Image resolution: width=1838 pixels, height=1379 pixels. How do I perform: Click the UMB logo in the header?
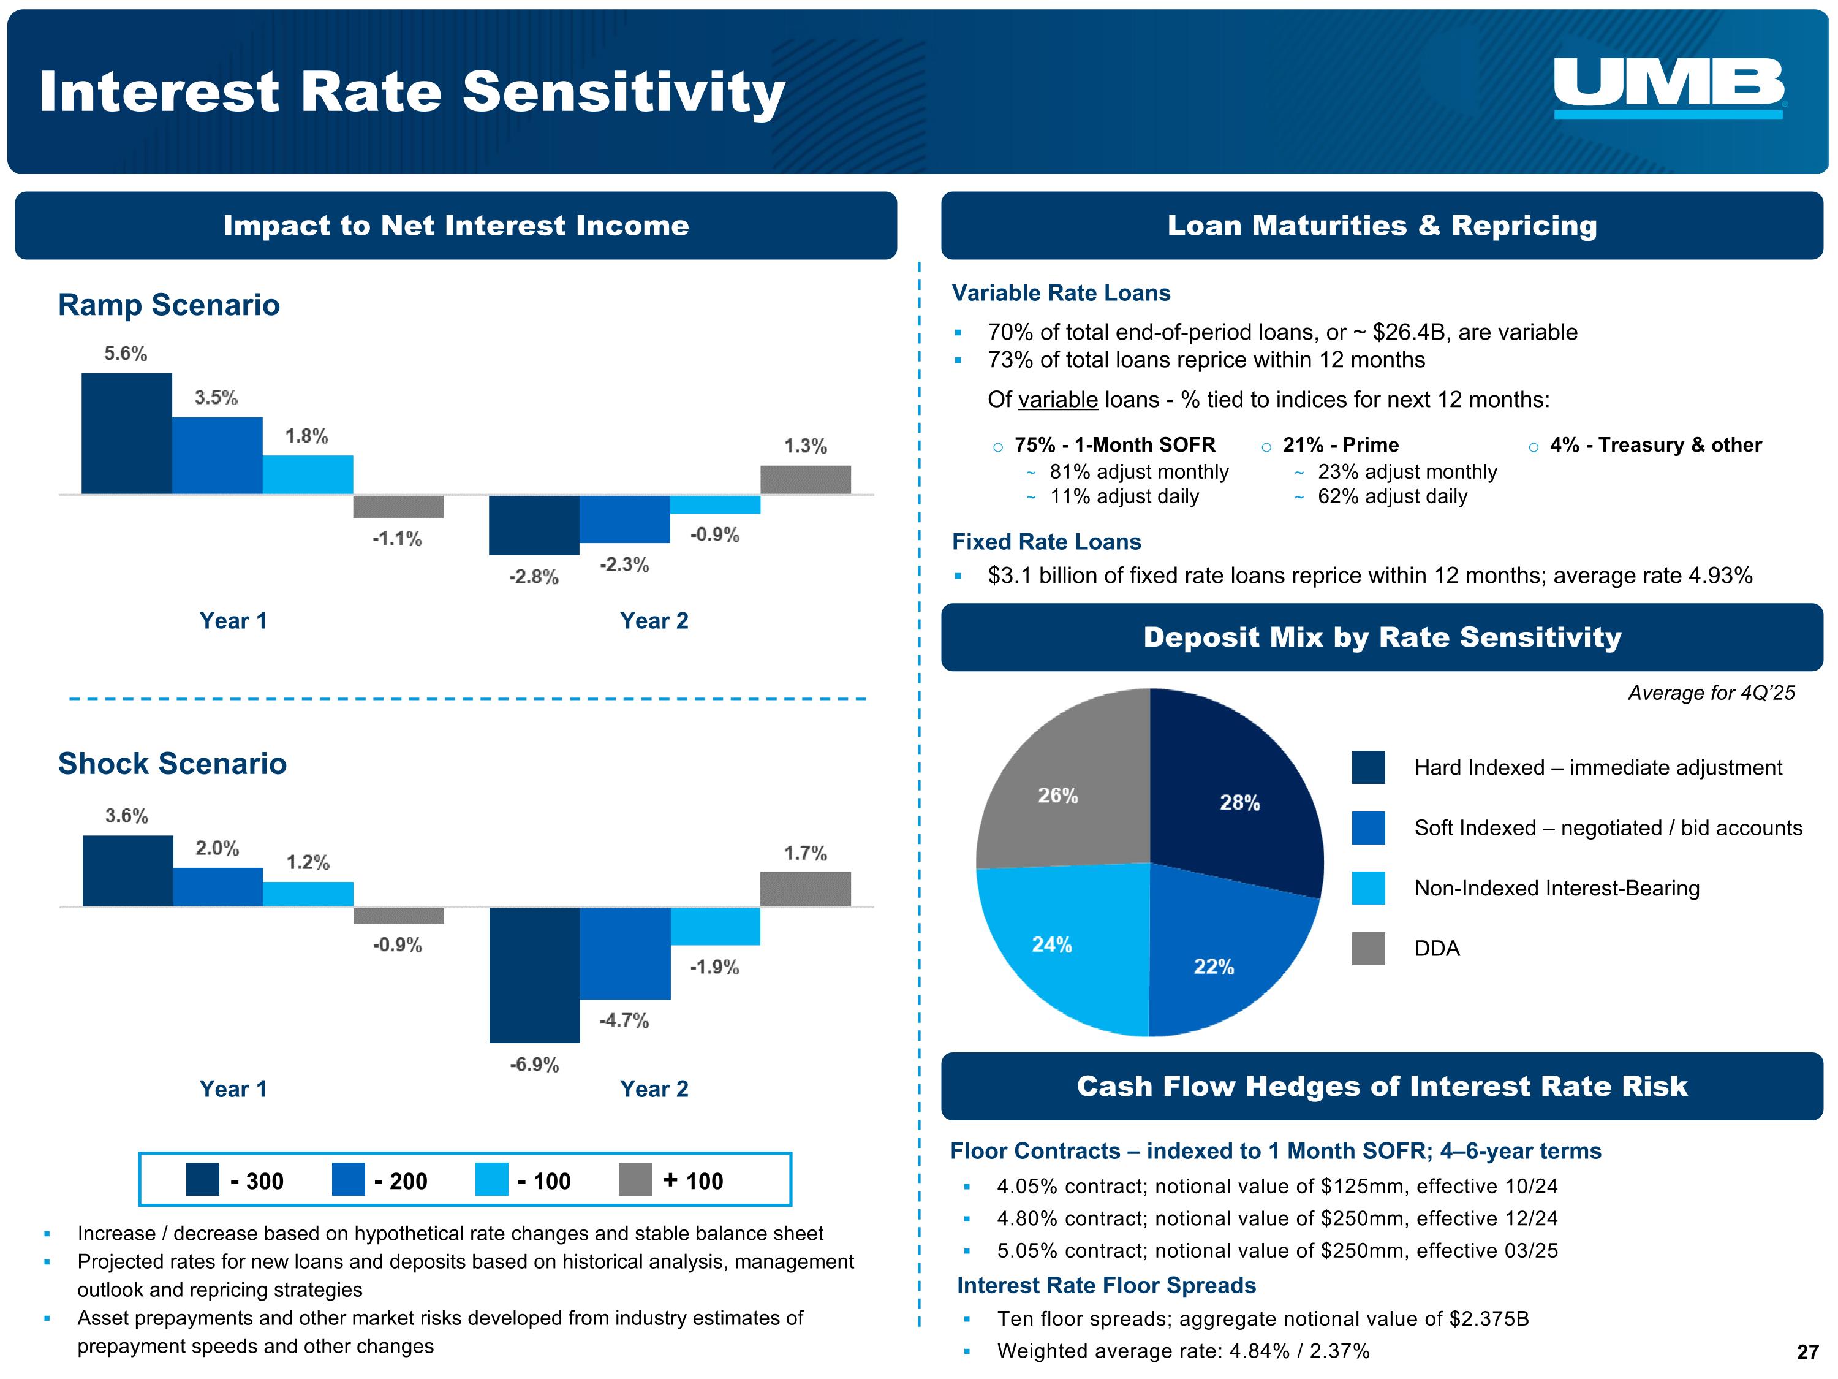click(1668, 86)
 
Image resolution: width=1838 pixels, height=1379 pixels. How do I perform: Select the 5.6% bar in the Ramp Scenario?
click(126, 433)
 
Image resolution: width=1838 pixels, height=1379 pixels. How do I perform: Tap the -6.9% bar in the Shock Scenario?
click(534, 974)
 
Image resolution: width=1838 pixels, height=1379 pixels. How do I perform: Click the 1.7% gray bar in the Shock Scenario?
click(805, 889)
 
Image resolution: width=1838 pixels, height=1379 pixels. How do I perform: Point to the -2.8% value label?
click(534, 577)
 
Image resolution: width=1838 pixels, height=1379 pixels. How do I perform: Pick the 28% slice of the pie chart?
click(1238, 798)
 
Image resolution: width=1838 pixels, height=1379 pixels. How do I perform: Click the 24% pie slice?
click(1059, 940)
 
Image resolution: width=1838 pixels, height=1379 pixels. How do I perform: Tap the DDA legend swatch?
click(1367, 948)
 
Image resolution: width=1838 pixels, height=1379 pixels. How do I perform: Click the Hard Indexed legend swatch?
click(1367, 767)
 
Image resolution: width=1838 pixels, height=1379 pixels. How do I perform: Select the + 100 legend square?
click(635, 1180)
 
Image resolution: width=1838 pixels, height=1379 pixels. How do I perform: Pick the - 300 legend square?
click(202, 1180)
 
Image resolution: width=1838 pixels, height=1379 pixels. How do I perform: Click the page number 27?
click(1807, 1353)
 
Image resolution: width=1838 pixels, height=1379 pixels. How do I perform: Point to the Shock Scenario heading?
click(172, 763)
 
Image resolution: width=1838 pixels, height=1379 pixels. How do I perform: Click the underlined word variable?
click(1057, 400)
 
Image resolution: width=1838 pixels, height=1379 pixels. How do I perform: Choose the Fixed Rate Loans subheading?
click(1046, 542)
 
